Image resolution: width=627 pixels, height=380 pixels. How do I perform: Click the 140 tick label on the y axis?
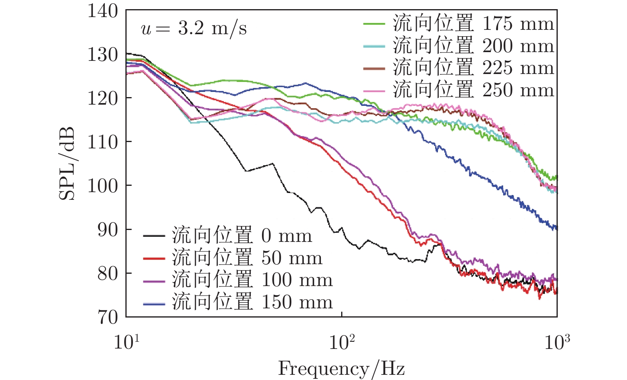tap(103, 11)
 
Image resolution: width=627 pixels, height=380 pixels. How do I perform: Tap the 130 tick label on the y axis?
tap(103, 55)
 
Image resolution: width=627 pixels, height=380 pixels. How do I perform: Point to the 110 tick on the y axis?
tap(103, 142)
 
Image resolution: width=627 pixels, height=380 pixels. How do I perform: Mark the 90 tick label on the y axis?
tap(108, 230)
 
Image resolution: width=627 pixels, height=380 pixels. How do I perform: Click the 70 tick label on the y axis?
tap(108, 317)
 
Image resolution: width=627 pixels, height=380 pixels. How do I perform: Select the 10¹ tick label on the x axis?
tap(127, 341)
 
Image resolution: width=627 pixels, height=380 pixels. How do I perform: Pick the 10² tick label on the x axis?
tap(342, 341)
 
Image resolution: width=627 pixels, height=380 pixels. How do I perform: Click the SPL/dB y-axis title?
tap(67, 164)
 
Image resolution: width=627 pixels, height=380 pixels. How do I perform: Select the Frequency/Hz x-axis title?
tap(341, 368)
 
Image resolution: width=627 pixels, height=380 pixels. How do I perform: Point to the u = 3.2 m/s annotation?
tap(194, 29)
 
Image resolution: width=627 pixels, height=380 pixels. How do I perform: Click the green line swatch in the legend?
tap(374, 24)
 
